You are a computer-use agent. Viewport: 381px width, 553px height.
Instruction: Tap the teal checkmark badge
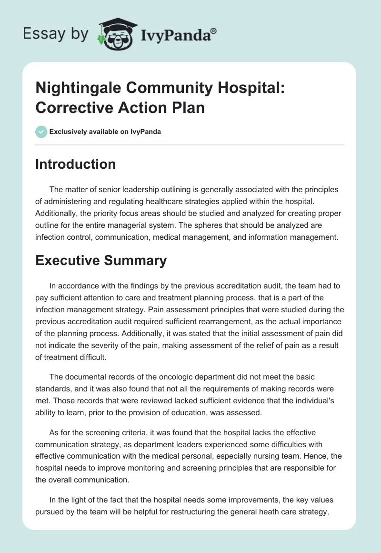41,132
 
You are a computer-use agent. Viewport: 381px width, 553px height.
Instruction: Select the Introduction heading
75,164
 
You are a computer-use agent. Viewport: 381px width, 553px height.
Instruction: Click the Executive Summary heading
101,260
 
